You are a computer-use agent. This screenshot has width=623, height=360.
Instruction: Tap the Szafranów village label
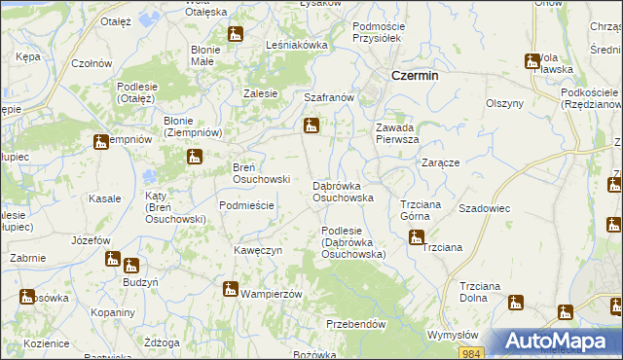point(327,98)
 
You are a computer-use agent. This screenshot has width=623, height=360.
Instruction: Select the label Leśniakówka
point(297,45)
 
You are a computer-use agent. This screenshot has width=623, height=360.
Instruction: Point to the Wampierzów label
point(272,293)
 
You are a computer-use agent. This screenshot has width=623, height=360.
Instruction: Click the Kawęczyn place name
point(258,250)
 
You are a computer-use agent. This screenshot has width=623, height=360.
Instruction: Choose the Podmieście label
point(246,205)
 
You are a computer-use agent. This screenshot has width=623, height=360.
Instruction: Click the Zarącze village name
point(441,162)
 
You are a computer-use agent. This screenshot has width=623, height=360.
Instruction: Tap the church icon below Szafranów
point(311,126)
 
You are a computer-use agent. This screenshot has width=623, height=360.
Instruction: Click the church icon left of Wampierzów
point(231,288)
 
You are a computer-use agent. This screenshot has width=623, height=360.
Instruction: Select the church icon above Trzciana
point(417,236)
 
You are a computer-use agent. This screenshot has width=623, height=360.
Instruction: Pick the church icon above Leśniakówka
point(235,35)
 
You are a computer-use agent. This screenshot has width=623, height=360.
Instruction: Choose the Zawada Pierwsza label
point(397,133)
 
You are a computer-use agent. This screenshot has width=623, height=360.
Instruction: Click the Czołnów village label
point(92,63)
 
